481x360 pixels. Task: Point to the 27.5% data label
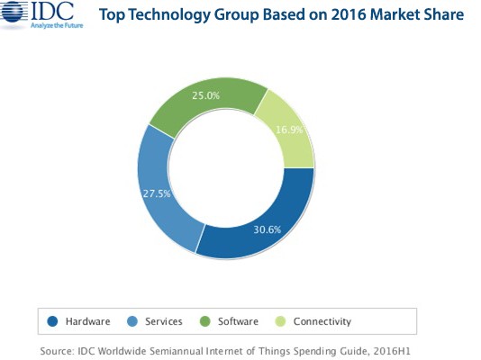pos(156,193)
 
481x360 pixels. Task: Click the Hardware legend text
pos(87,321)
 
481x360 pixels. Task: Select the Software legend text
pos(239,321)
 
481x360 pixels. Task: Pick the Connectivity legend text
pos(322,321)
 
